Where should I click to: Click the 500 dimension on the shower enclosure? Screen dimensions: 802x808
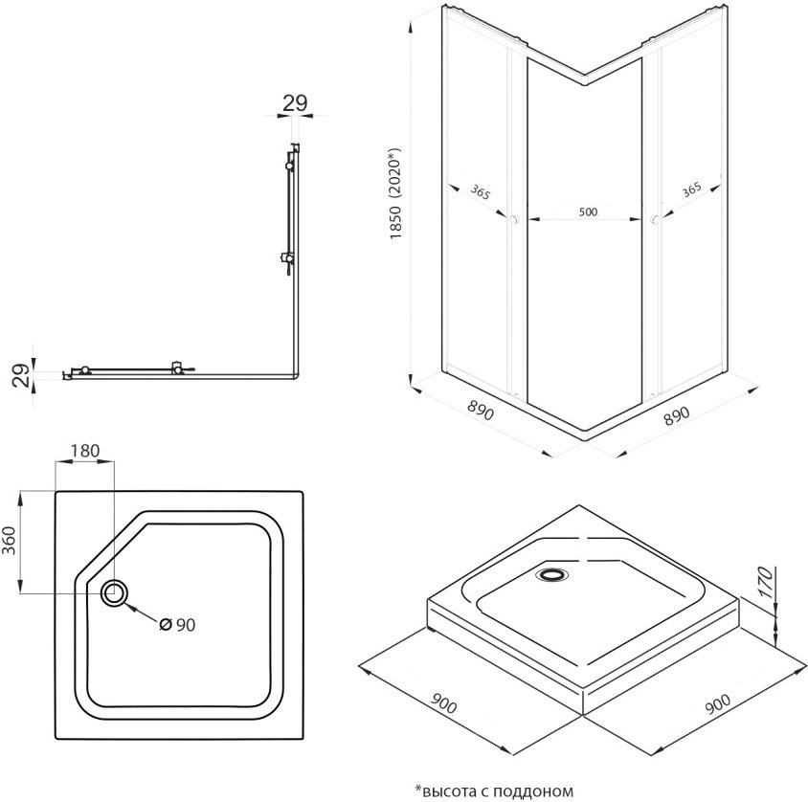point(587,212)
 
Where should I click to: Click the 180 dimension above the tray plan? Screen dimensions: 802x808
point(85,451)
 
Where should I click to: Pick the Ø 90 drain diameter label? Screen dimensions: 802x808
point(178,624)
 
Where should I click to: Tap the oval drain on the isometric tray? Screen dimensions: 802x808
point(552,574)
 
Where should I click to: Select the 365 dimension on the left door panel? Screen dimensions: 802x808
point(481,192)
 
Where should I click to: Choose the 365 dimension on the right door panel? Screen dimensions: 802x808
point(690,190)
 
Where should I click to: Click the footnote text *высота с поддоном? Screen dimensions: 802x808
point(493,791)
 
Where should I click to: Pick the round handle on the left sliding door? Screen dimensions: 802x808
point(515,221)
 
